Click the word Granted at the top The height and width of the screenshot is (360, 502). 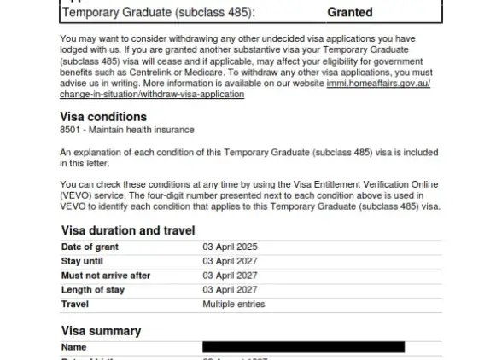click(x=350, y=13)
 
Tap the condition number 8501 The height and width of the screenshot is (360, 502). click(x=71, y=130)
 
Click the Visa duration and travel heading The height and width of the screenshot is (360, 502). click(x=128, y=230)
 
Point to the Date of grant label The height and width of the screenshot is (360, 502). click(x=90, y=247)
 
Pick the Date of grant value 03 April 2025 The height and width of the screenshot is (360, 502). click(x=230, y=247)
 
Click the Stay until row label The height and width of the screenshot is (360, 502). click(x=83, y=261)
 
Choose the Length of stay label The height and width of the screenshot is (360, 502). click(x=93, y=290)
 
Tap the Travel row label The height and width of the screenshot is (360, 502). click(x=75, y=305)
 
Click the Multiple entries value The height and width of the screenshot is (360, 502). click(x=234, y=305)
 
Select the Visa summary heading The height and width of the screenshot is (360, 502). click(x=102, y=331)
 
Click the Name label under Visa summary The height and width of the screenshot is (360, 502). click(x=74, y=347)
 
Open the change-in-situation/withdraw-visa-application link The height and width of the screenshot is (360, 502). click(x=152, y=94)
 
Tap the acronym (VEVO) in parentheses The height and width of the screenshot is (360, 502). click(x=75, y=195)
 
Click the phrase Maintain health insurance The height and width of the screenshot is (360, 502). click(x=143, y=130)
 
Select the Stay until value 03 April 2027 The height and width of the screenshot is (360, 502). click(x=230, y=261)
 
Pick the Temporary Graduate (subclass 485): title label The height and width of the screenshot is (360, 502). click(x=159, y=13)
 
